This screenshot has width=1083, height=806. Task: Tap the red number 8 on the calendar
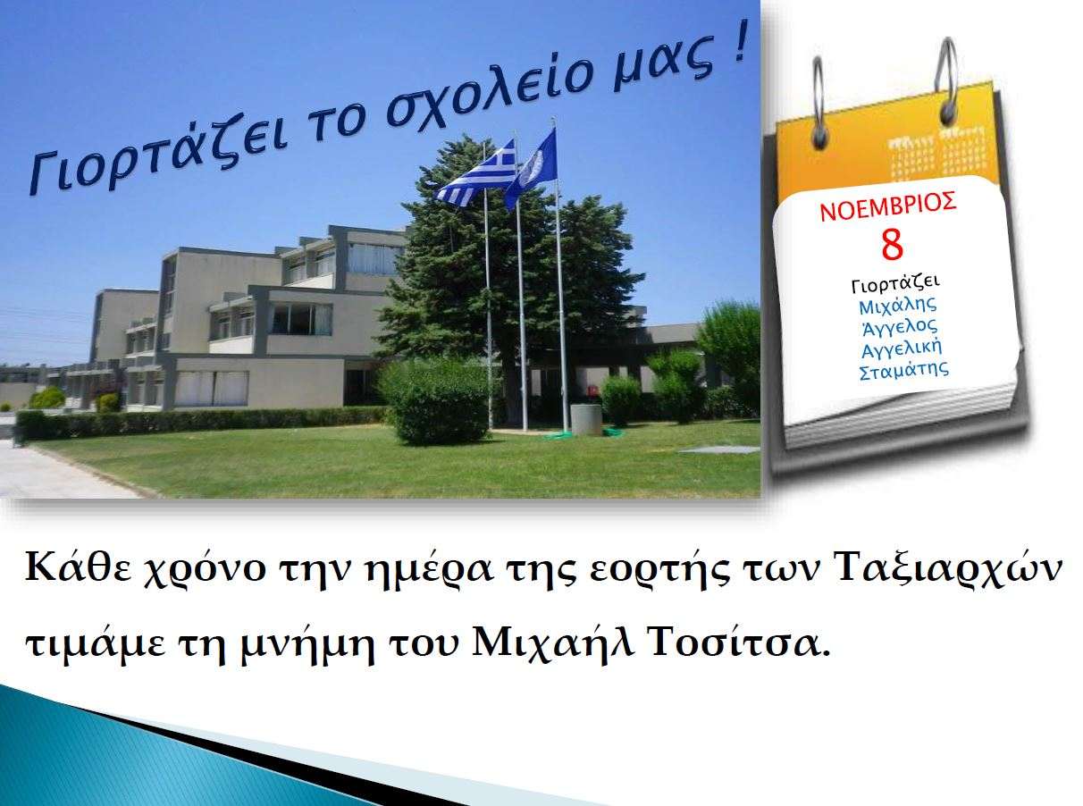tap(892, 247)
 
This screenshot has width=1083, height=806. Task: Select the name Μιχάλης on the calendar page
tap(897, 306)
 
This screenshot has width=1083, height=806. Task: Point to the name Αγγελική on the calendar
tap(901, 348)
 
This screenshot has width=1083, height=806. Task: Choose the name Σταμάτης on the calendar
tap(903, 371)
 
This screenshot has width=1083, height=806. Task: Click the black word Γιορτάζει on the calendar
tap(895, 284)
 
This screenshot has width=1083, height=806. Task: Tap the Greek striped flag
tap(476, 173)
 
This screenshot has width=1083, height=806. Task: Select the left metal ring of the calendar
tap(819, 100)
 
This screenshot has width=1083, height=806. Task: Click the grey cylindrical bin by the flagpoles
tap(586, 420)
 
